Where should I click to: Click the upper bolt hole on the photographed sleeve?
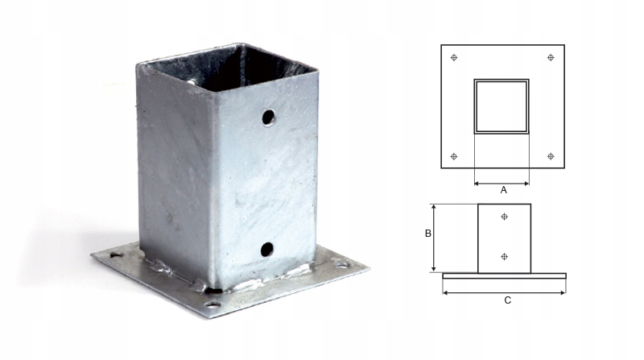267,118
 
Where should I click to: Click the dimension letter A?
503,191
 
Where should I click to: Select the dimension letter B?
428,234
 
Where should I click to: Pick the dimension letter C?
506,300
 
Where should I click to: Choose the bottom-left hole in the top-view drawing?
455,155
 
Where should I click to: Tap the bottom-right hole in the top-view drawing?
551,155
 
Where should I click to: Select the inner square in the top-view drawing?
502,106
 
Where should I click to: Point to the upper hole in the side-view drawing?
504,217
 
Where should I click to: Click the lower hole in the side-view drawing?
504,256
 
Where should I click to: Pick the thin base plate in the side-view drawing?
504,275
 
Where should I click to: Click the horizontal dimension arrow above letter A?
502,183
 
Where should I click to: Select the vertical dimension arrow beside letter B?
435,238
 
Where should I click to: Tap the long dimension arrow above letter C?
504,292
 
